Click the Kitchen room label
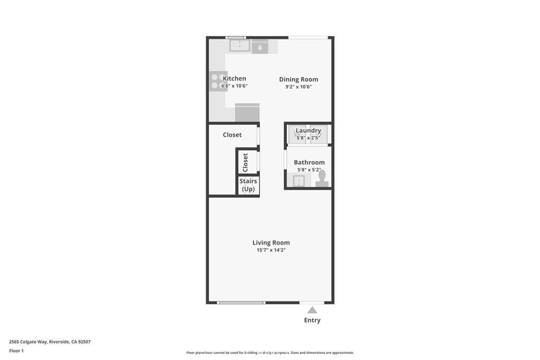tap(234, 79)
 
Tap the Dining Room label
tap(298, 79)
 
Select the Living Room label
tap(271, 242)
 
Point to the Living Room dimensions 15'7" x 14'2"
tap(271, 250)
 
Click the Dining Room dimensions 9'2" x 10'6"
tap(298, 87)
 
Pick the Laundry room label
tap(308, 130)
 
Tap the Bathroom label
tap(309, 162)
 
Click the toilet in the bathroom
tap(322, 179)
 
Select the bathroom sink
tap(298, 180)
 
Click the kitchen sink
tap(240, 46)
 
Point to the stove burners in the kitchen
tap(218, 82)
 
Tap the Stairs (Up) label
tap(248, 185)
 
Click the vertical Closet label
tap(245, 162)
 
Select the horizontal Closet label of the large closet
tap(232, 135)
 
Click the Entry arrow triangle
tap(312, 310)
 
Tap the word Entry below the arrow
tap(312, 320)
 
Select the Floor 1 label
tap(16, 351)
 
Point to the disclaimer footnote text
tap(270, 353)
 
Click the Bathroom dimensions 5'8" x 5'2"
tap(309, 170)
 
